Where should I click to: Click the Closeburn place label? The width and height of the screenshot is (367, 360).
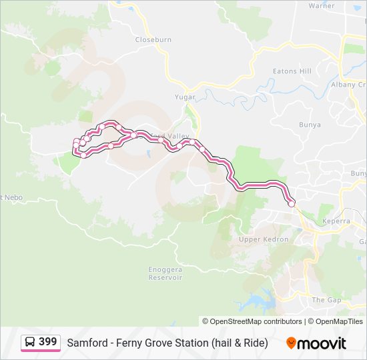[x=153, y=40]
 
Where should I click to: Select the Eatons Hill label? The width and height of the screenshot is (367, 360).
[x=292, y=71]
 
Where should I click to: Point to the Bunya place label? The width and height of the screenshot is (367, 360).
[x=310, y=125]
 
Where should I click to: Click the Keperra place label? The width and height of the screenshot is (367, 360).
[x=336, y=221]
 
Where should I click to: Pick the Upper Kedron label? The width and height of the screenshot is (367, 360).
[x=264, y=239]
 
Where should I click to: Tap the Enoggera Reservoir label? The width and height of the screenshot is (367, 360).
[x=165, y=273]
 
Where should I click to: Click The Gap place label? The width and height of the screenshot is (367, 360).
[x=326, y=300]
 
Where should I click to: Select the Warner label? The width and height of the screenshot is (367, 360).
[x=321, y=6]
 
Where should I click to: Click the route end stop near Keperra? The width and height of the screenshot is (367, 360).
[x=291, y=204]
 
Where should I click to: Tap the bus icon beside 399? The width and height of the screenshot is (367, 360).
[x=31, y=342]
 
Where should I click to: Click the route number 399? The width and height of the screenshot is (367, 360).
[x=48, y=342]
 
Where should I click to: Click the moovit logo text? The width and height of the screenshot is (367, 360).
[x=322, y=343]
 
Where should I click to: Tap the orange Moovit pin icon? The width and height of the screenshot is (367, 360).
[x=291, y=343]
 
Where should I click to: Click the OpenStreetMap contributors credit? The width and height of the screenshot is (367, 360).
[x=256, y=321]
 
